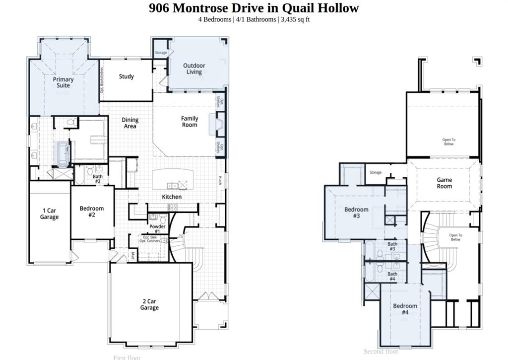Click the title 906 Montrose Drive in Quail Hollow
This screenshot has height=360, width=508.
pyautogui.click(x=254, y=8)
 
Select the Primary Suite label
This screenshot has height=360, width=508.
pyautogui.click(x=63, y=82)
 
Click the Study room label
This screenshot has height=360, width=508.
pyautogui.click(x=127, y=76)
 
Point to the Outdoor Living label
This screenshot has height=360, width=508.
pyautogui.click(x=194, y=69)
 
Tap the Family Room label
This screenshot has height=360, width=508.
pyautogui.click(x=190, y=122)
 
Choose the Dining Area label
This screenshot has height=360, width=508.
pyautogui.click(x=130, y=123)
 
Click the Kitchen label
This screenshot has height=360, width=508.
pyautogui.click(x=172, y=197)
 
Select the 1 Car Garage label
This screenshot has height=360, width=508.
pyautogui.click(x=49, y=214)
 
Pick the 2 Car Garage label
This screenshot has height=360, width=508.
pyautogui.click(x=149, y=304)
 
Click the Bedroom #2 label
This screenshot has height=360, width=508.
pyautogui.click(x=92, y=212)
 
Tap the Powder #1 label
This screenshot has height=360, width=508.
pyautogui.click(x=157, y=229)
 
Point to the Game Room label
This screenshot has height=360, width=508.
pyautogui.click(x=444, y=183)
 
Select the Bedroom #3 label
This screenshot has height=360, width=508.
pyautogui.click(x=356, y=213)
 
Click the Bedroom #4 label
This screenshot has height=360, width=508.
pyautogui.click(x=405, y=309)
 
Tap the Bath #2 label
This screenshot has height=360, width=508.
pyautogui.click(x=98, y=179)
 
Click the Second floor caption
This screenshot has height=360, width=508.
pyautogui.click(x=381, y=352)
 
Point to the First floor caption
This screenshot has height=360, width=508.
pyautogui.click(x=127, y=357)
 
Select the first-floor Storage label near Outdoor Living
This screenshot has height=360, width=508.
pyautogui.click(x=161, y=53)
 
